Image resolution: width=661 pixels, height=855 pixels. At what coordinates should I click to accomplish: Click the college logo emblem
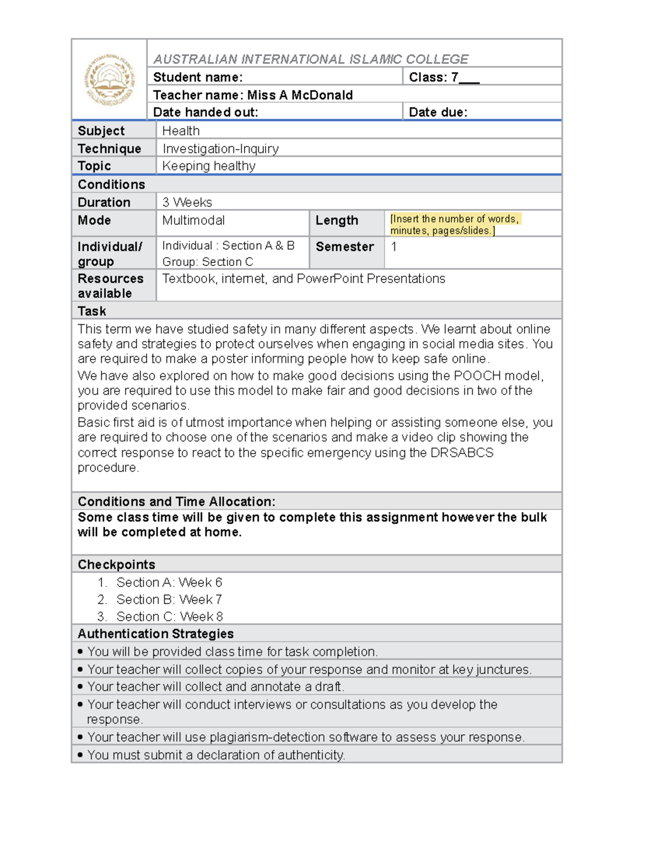[x=109, y=80]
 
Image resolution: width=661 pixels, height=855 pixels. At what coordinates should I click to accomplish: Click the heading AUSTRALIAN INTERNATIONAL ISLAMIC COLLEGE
[x=311, y=59]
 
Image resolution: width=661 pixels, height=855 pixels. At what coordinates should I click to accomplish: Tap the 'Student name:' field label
[x=198, y=77]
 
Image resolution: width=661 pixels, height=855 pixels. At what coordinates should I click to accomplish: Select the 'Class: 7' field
[x=443, y=77]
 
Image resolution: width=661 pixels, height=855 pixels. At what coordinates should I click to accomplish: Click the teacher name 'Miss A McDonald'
[x=300, y=95]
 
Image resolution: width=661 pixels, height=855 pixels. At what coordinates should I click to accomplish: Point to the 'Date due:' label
[x=438, y=112]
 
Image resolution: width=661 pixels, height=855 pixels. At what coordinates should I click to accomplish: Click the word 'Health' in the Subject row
[x=181, y=131]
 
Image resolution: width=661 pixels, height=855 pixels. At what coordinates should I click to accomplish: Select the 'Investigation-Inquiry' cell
[x=220, y=149]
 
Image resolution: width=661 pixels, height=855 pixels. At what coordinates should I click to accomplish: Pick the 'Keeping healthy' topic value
[x=208, y=166]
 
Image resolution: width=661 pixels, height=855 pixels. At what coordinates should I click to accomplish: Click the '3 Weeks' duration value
[x=187, y=202]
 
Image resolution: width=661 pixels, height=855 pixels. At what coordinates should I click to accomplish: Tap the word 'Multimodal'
[x=193, y=220]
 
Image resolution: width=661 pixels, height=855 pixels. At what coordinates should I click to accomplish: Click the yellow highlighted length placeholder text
[x=454, y=225]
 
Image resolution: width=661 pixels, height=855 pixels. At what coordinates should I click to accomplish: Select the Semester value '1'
[x=394, y=247]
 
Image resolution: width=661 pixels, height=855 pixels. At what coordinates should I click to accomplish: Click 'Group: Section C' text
[x=207, y=262]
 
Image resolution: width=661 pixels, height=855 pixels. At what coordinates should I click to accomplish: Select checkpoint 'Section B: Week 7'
[x=169, y=600]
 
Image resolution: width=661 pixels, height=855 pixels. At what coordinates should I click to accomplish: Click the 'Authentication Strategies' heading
[x=155, y=634]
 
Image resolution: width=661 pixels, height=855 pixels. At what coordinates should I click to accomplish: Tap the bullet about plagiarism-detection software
[x=305, y=737]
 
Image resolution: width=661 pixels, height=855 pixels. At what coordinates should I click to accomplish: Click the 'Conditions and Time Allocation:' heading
[x=176, y=502]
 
